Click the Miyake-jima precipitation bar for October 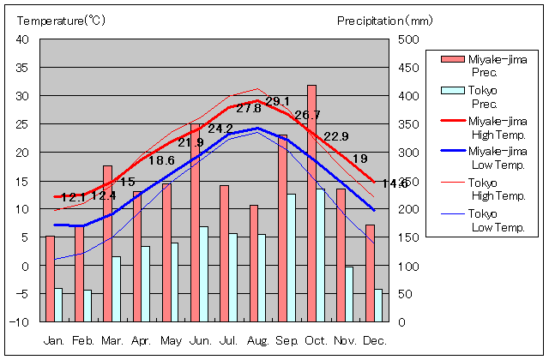(x=311, y=203)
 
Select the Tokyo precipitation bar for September (x=291, y=257)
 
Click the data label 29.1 (x=277, y=101)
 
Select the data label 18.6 (x=161, y=160)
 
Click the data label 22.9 (x=336, y=136)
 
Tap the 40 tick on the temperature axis (x=21, y=39)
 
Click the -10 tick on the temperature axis (x=20, y=322)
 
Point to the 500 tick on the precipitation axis (x=408, y=39)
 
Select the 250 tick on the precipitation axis (x=408, y=181)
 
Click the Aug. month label (x=257, y=340)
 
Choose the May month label (x=171, y=340)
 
